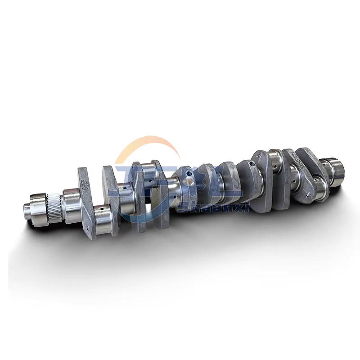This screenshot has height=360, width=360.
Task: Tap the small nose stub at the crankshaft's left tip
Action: pyautogui.click(x=27, y=208)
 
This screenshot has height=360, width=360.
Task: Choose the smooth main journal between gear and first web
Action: pyautogui.click(x=71, y=205)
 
